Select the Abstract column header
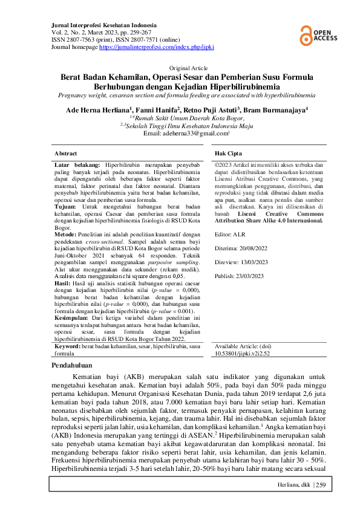click(x=66, y=154)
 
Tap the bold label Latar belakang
click(x=77, y=164)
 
